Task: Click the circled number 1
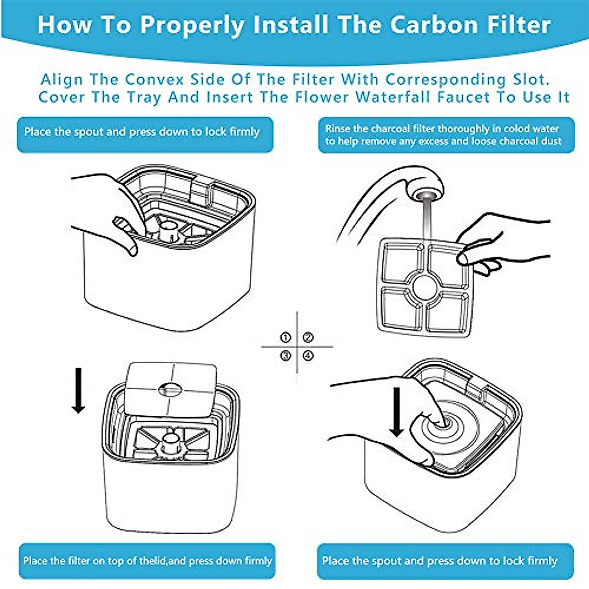pos(286,338)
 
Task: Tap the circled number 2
pos(308,338)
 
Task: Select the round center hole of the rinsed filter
pos(425,287)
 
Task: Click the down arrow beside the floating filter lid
pos(78,391)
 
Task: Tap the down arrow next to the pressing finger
pos(397,411)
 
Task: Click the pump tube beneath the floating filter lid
pos(170,440)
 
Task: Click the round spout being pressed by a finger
pos(444,421)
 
